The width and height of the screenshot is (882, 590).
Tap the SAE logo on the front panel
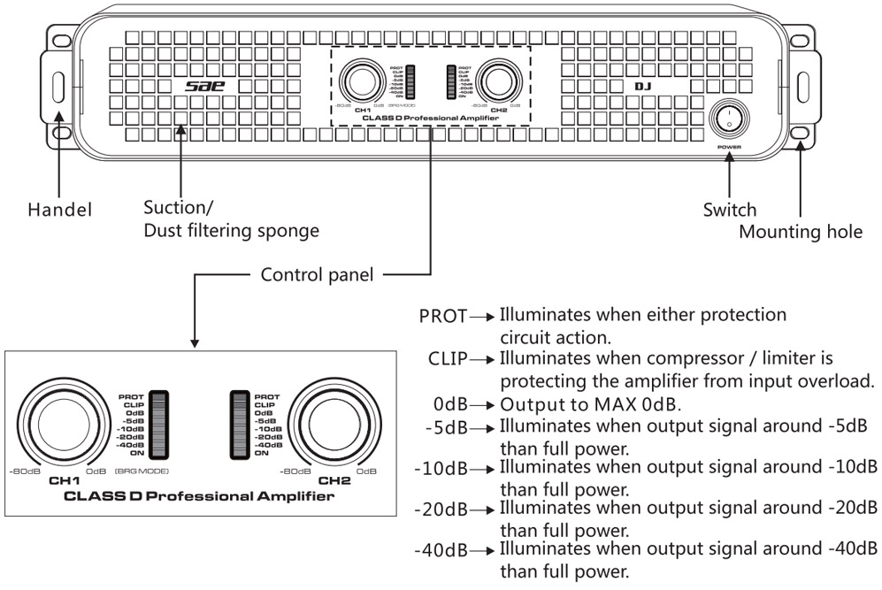click(x=203, y=87)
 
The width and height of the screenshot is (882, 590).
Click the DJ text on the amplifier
click(x=642, y=87)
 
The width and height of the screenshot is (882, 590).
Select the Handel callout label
click(x=58, y=211)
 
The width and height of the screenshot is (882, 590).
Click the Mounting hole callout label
click(x=799, y=231)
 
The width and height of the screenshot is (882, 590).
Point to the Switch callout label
click(x=729, y=210)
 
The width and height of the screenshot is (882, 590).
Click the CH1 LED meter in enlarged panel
click(x=160, y=424)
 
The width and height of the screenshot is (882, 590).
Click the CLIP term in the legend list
click(x=449, y=359)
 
